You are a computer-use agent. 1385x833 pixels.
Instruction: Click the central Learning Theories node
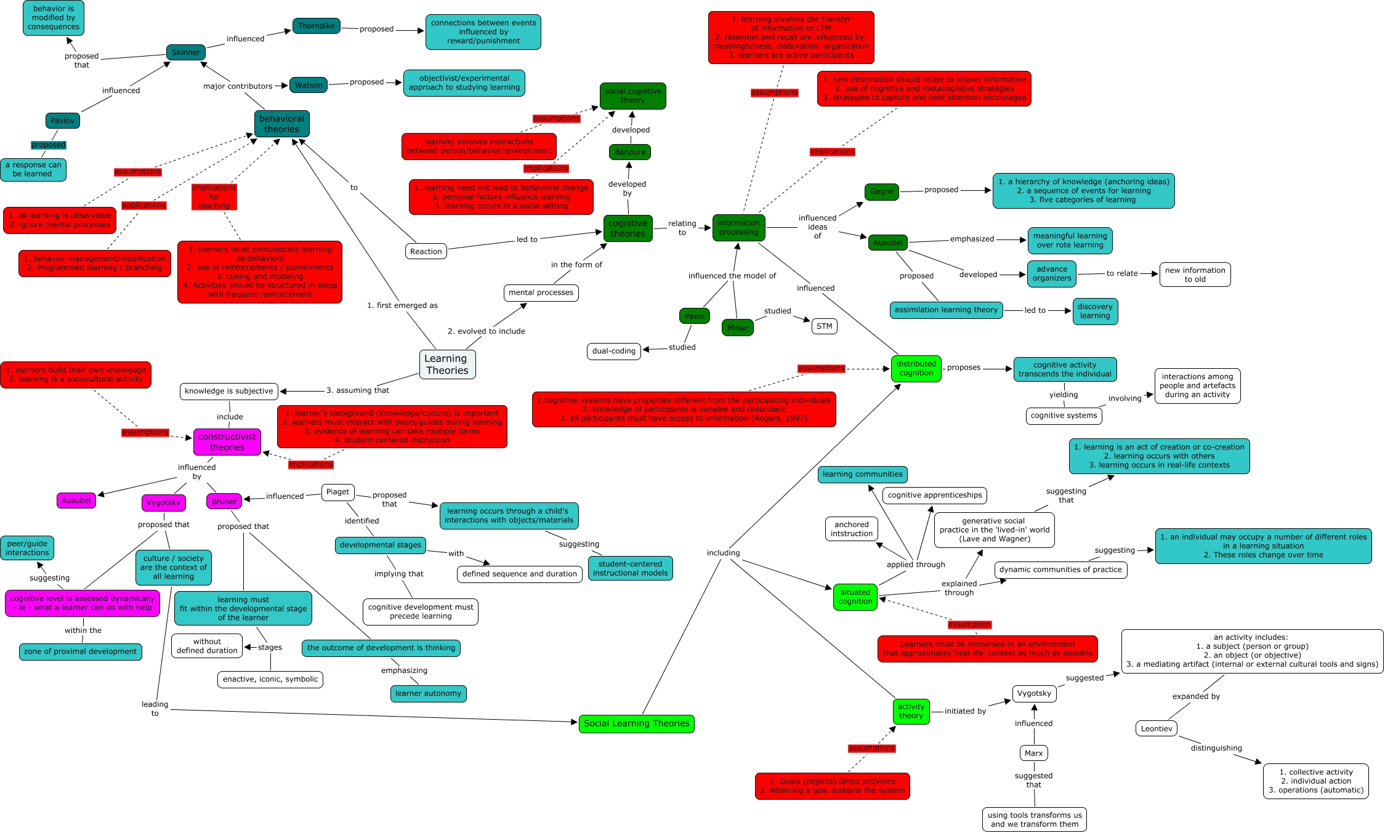pos(446,364)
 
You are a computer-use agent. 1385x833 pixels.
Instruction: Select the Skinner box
pos(185,52)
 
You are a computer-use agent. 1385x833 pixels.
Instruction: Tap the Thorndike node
pos(317,26)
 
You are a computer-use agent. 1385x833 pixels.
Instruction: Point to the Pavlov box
pos(62,121)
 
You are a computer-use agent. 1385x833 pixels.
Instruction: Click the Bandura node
pos(629,152)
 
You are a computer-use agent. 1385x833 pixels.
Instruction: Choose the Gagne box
pos(881,191)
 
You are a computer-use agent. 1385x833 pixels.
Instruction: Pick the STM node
pos(824,326)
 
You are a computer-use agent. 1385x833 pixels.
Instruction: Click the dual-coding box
pos(613,351)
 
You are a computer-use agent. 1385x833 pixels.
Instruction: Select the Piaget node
pos(337,492)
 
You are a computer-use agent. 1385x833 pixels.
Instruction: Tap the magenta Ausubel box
pos(76,501)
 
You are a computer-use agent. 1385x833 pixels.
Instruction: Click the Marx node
pos(1033,753)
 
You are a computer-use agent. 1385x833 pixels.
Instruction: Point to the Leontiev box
pos(1156,729)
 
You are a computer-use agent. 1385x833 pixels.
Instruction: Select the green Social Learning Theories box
pos(636,723)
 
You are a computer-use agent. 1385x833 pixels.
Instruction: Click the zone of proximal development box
pos(80,651)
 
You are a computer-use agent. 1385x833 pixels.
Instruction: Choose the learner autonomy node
pos(428,693)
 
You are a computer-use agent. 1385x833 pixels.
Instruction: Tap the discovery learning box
pos(1094,312)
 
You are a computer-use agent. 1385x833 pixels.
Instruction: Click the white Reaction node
pos(426,251)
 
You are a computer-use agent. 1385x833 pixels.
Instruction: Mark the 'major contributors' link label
pos(238,86)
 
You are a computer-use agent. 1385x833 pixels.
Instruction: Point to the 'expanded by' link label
pos(1195,696)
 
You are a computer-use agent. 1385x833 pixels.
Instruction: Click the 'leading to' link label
pos(155,709)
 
